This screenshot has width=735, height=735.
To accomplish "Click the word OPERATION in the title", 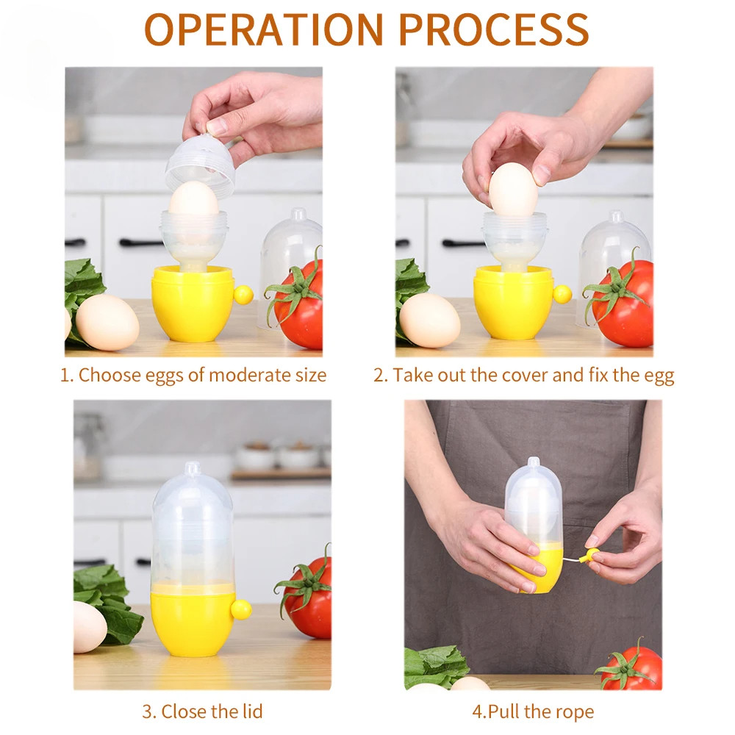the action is (x=263, y=29).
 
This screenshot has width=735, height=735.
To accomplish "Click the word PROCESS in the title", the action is (x=494, y=29).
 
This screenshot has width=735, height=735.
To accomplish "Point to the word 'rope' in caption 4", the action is (x=575, y=712).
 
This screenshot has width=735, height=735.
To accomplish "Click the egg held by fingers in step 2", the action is (x=513, y=190).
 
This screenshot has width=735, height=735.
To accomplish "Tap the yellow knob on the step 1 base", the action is (x=243, y=295).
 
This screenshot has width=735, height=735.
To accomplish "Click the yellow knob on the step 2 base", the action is (x=562, y=294).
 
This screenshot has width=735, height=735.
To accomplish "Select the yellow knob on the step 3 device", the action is (x=241, y=609).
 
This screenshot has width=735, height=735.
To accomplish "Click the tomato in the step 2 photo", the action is (x=621, y=303).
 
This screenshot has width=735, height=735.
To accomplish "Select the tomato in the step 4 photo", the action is (x=631, y=666).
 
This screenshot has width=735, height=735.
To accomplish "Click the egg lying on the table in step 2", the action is (x=429, y=320).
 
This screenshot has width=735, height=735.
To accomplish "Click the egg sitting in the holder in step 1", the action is (x=193, y=198).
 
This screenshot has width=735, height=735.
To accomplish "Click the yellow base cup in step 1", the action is (x=192, y=303).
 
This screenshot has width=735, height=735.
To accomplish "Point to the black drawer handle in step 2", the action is (x=462, y=243).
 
